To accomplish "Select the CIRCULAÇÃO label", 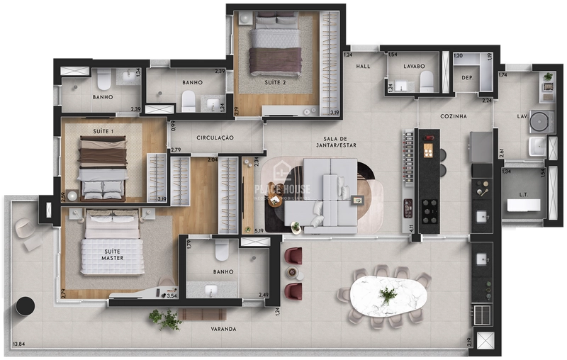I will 215,137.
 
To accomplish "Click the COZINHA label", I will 453,116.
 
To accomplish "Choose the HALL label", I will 363,66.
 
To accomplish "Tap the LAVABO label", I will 414,66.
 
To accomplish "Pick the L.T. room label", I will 524,194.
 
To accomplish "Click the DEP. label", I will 467,77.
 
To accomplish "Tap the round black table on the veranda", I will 25,305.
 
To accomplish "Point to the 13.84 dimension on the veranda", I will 18,344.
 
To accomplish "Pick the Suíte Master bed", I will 113,244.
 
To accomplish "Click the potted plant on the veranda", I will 165,320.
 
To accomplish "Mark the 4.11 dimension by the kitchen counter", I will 411,229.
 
